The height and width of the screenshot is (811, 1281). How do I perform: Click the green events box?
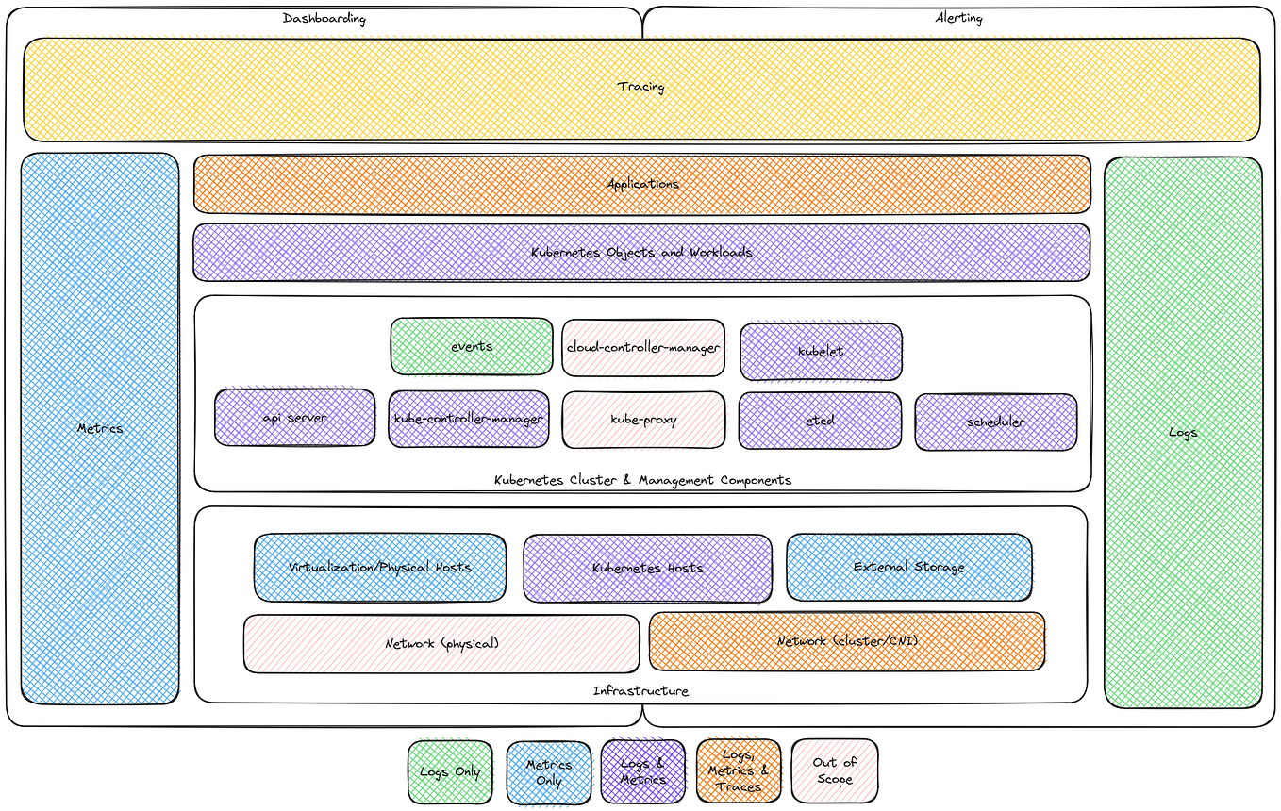[472, 346]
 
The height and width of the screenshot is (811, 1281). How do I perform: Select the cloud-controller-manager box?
[643, 347]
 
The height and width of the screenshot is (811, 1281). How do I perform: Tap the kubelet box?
[821, 351]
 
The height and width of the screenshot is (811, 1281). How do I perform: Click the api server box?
[294, 418]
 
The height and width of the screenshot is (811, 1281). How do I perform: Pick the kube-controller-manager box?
[468, 419]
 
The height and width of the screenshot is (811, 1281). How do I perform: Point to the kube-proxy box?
[643, 420]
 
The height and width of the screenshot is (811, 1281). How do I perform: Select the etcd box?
[819, 421]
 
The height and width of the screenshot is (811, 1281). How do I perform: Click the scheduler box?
[995, 422]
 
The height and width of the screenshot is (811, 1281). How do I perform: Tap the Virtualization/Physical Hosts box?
[379, 567]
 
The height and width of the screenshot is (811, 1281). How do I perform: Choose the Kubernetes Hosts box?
[647, 568]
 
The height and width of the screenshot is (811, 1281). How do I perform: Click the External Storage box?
[908, 567]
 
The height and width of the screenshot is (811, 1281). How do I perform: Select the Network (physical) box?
[441, 643]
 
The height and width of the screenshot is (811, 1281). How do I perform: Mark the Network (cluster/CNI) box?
[847, 641]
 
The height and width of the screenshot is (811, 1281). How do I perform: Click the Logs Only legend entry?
[450, 771]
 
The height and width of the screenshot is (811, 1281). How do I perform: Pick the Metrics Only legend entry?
[548, 772]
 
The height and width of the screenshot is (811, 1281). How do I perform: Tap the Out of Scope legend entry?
[834, 770]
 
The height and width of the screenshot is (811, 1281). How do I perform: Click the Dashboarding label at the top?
[324, 18]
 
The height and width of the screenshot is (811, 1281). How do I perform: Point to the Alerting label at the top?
[958, 18]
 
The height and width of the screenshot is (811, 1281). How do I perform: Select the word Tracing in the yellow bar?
[640, 87]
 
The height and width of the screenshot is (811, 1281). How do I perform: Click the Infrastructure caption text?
[640, 691]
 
